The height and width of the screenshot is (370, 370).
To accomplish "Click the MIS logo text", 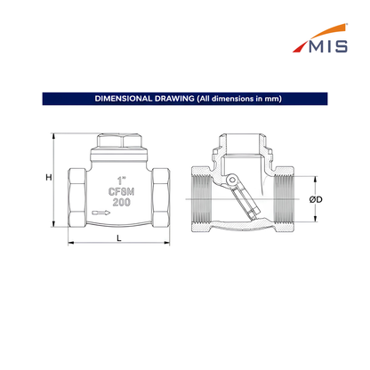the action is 328,46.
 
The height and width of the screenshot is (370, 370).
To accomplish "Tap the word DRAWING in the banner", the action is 174,99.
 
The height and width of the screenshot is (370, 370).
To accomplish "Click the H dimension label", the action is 49,177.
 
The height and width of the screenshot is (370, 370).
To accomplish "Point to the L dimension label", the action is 119,238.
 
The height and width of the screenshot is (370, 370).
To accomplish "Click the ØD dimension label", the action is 316,199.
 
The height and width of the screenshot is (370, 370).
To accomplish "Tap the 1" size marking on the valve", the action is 121,181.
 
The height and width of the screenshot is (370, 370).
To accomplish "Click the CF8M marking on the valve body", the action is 121,191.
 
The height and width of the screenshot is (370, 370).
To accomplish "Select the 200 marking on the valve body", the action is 121,202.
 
